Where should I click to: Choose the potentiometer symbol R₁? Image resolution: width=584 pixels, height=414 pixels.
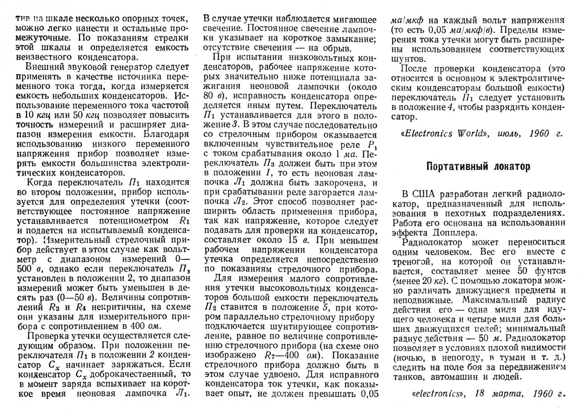[183, 221]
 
